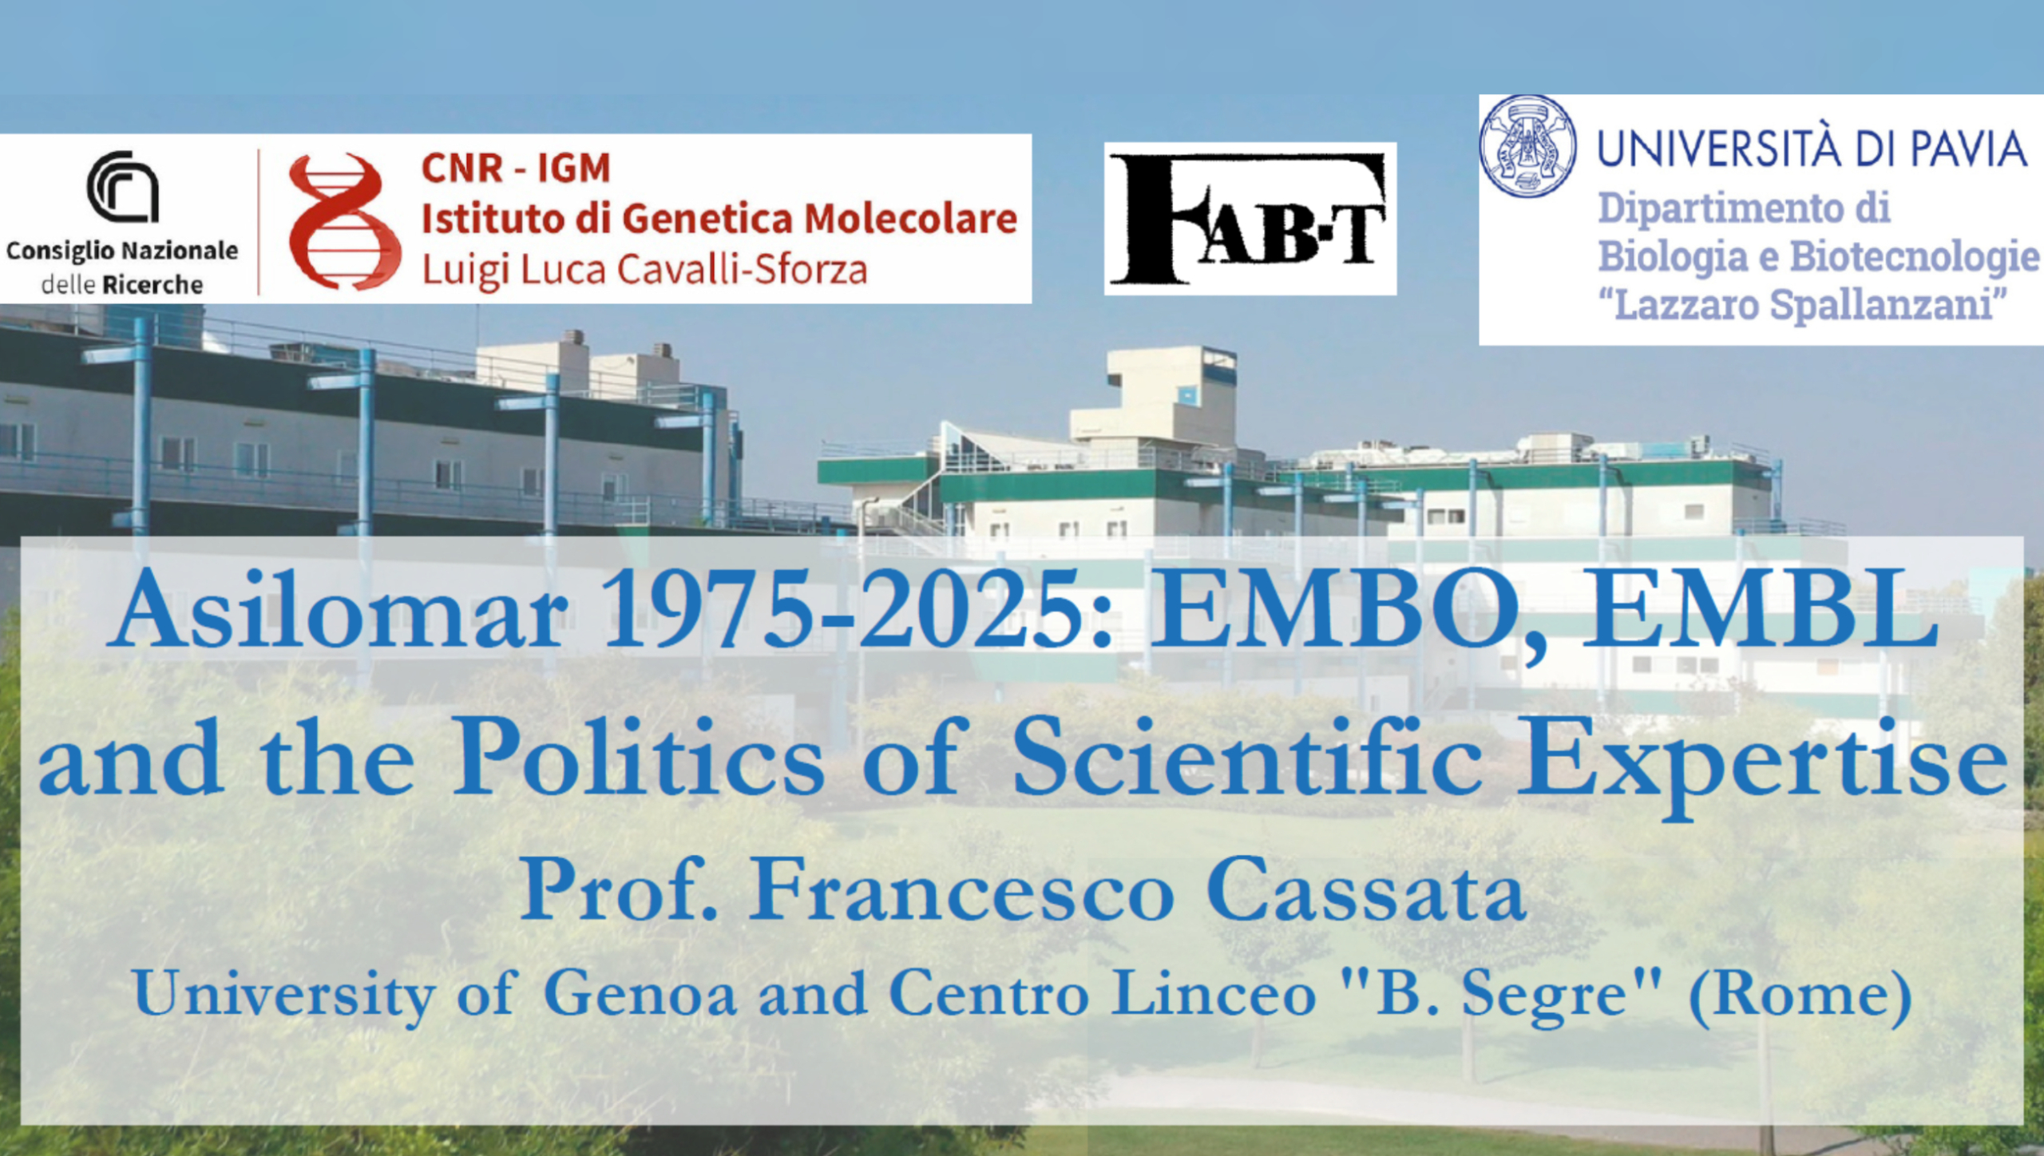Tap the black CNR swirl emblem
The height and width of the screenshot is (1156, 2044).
click(x=122, y=186)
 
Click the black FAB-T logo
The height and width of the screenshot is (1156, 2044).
click(x=1250, y=219)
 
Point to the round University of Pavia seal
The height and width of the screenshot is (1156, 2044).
click(x=1527, y=146)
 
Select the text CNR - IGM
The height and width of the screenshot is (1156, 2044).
click(x=516, y=168)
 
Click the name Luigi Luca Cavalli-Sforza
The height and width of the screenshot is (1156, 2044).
click(x=644, y=269)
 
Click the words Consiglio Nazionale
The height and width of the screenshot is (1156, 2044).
click(x=122, y=251)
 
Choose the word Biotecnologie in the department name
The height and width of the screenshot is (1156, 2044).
click(x=1915, y=257)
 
